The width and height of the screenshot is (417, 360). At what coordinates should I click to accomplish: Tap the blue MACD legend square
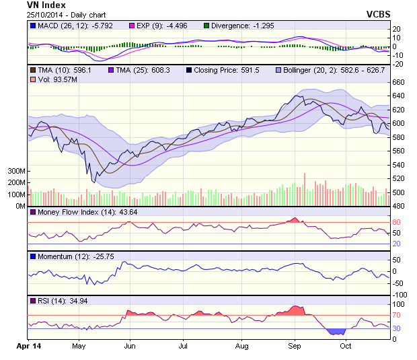coord(32,26)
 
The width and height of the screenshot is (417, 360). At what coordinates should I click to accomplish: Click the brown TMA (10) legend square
coord(32,70)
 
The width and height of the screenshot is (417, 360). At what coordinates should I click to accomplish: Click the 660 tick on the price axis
coord(400,82)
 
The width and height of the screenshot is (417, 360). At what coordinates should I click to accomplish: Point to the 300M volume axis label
coord(17,171)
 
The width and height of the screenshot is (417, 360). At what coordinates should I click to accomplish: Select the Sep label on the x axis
coord(294,346)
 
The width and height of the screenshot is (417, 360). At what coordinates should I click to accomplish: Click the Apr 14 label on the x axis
coord(28,346)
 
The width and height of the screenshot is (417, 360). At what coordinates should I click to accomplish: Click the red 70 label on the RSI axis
coord(397,315)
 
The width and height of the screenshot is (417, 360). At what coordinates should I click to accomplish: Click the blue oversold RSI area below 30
coord(335,331)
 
